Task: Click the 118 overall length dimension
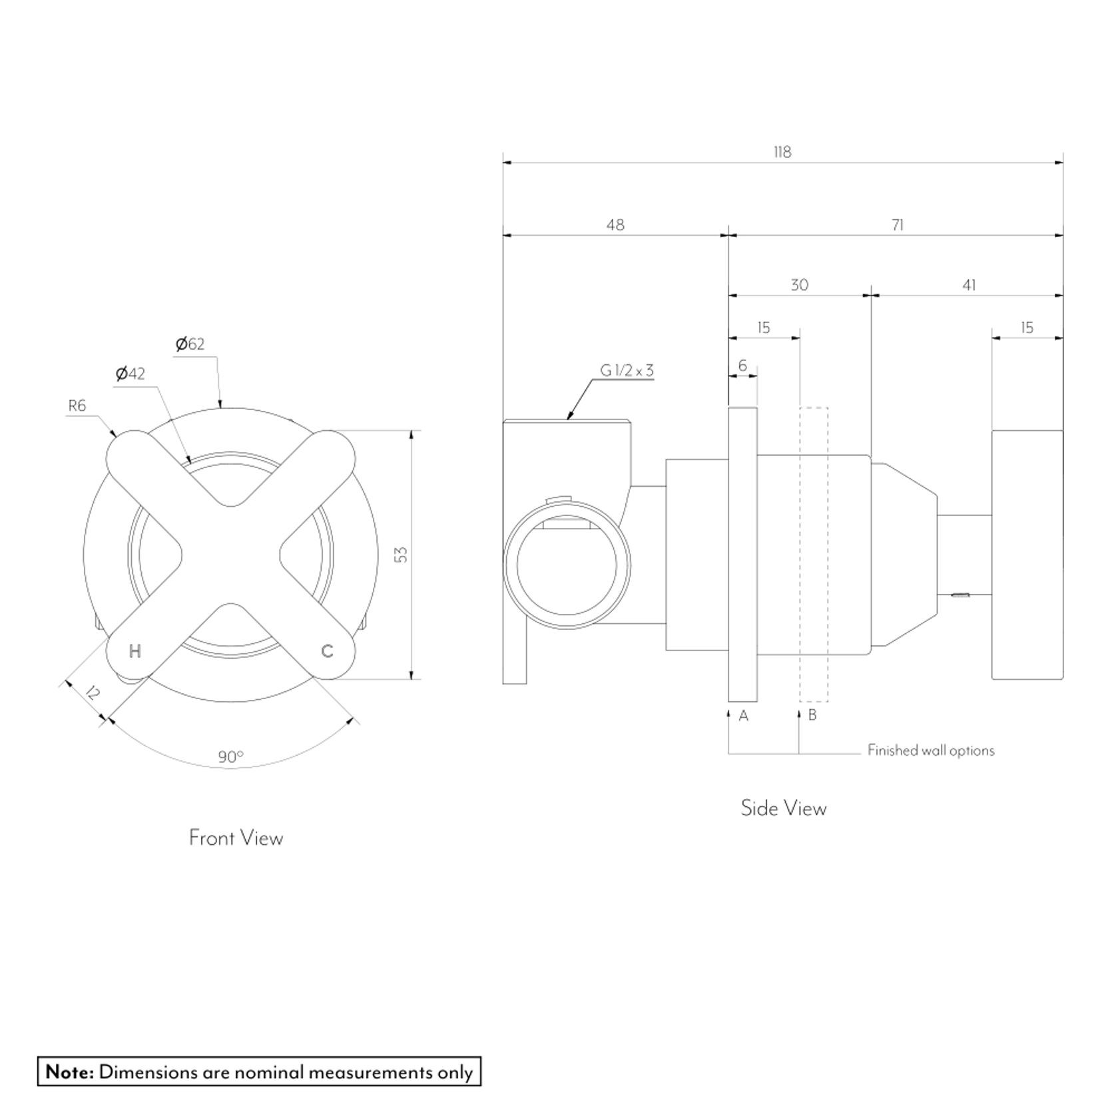coord(782,152)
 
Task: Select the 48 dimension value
coord(615,225)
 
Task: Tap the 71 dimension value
coord(897,225)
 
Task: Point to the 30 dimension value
coord(799,285)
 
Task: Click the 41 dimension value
coord(969,285)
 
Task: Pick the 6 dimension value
coord(742,366)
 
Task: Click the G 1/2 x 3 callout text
coord(627,371)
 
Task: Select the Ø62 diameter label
coord(190,344)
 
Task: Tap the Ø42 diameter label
coord(130,374)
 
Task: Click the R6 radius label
coord(77,406)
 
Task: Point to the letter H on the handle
coord(135,651)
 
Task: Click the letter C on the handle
coord(327,651)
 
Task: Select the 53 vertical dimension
coord(401,554)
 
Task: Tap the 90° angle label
coord(230,757)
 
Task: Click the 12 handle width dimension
coord(93,693)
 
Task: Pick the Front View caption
coord(236,838)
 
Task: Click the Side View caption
coord(783,808)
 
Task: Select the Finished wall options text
coord(930,750)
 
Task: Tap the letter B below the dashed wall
coord(812,716)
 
